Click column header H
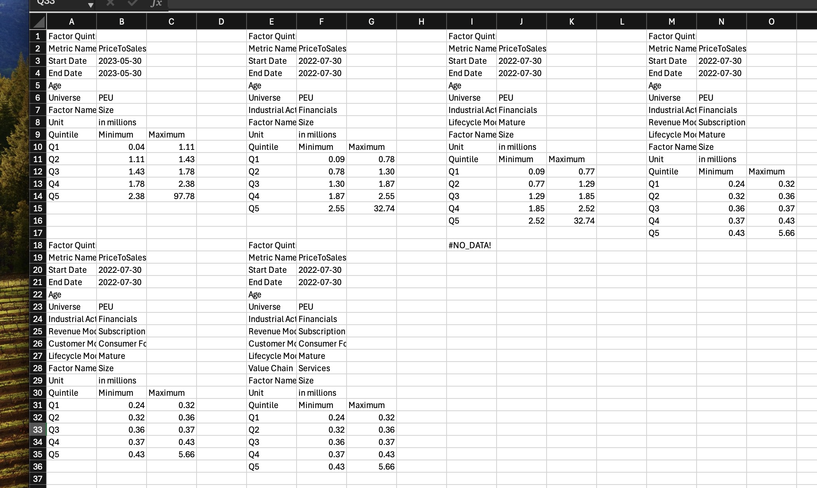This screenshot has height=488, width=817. click(421, 22)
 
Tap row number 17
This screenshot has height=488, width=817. click(38, 233)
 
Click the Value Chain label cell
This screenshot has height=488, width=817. click(271, 368)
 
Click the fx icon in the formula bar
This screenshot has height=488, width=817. click(156, 3)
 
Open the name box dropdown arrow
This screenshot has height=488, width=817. click(90, 5)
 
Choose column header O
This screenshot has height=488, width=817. click(771, 22)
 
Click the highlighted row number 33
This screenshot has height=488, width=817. click(38, 430)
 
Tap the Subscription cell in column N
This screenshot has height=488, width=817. click(722, 123)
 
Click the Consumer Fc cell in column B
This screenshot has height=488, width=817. click(122, 344)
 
